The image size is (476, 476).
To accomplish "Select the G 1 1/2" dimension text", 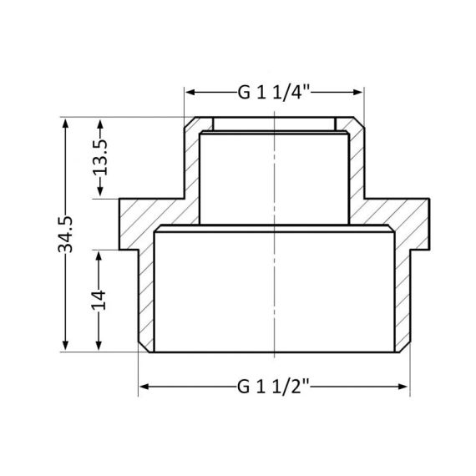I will [273, 387].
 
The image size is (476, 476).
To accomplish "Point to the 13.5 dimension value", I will [102, 157].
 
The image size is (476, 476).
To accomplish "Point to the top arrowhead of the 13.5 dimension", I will [100, 122].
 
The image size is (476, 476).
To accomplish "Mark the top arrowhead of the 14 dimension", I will [100, 255].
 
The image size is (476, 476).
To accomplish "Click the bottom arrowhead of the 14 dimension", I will [100, 347].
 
